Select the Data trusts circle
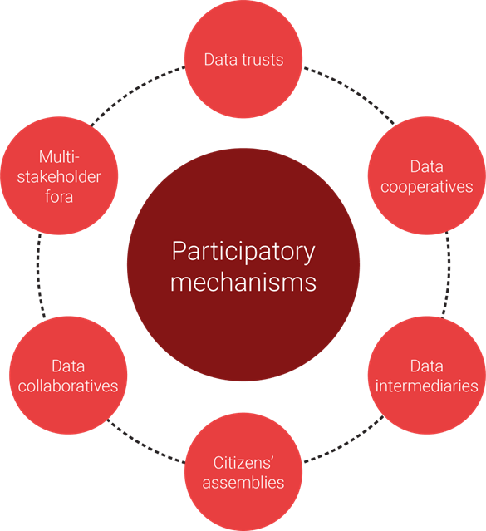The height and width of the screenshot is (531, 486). coord(243,60)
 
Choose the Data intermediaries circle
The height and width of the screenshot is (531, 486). coord(426,376)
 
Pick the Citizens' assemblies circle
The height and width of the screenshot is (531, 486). coord(243,471)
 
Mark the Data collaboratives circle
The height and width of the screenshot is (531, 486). coord(68,376)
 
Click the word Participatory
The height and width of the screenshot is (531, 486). coord(243,250)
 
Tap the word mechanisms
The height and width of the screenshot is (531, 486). coord(243,282)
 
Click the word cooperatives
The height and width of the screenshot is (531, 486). coord(426,187)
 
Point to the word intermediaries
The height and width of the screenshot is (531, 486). coord(426,386)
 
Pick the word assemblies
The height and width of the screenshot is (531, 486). coord(243,483)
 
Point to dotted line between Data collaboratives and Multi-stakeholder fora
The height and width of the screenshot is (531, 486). coord(38,274)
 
